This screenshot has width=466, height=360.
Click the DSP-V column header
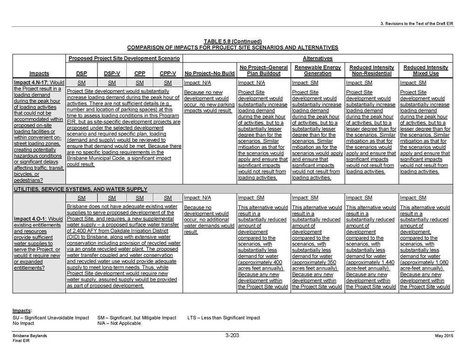[x=110, y=74]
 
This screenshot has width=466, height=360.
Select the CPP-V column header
[x=168, y=74]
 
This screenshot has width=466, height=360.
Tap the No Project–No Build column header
[x=209, y=74]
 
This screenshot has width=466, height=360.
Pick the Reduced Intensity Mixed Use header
[x=425, y=70]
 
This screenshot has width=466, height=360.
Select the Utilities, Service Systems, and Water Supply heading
[x=81, y=189]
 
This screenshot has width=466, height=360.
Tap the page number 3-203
[x=232, y=335]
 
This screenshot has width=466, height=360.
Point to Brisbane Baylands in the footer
[x=30, y=336]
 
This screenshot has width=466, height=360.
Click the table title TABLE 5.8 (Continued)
[x=233, y=41]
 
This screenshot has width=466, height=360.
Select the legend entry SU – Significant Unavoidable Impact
[x=51, y=318]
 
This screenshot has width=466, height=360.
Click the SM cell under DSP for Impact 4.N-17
[x=81, y=83]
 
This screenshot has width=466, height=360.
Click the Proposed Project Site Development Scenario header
[x=124, y=59]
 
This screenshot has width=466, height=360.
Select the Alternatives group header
[x=317, y=59]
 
